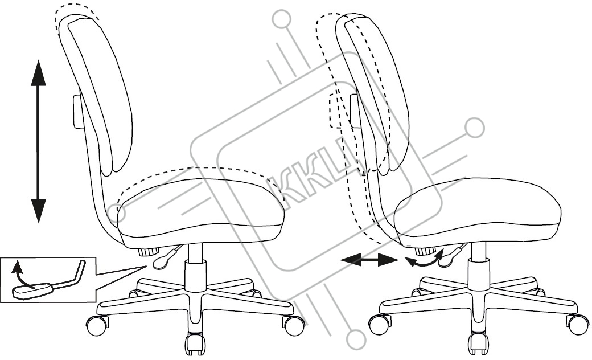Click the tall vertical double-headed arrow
[x=38, y=141]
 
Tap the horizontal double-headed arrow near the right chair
[x=369, y=260]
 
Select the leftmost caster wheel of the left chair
[x=96, y=325]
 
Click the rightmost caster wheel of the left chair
[x=294, y=325]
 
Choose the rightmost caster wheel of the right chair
[x=578, y=325]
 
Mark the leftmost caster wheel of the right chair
[x=380, y=325]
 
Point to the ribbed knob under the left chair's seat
[x=149, y=252]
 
